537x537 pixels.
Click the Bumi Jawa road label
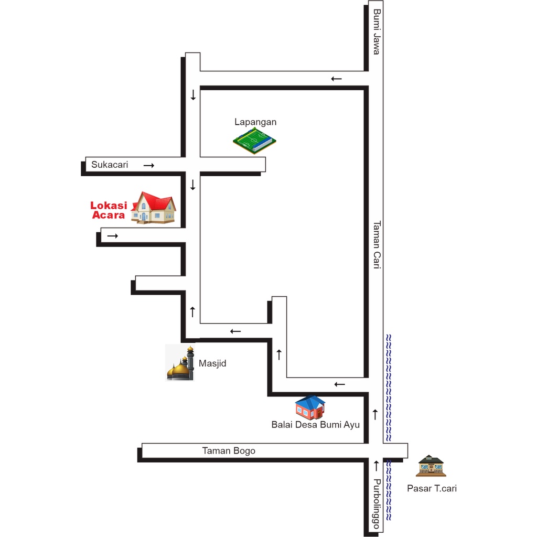click(377, 32)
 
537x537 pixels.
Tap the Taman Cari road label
click(377, 245)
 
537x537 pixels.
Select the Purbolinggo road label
click(377, 504)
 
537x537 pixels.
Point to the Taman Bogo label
click(229, 450)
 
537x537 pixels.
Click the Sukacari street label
click(110, 165)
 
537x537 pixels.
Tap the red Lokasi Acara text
click(109, 210)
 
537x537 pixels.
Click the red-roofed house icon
click(153, 208)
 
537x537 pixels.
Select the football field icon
click(254, 141)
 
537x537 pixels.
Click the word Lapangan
click(255, 122)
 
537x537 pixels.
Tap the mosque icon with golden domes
click(180, 363)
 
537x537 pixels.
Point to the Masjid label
click(212, 363)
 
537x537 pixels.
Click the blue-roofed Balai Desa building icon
click(310, 407)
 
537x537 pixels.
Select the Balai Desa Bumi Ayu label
click(315, 425)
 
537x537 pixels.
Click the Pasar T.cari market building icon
click(431, 466)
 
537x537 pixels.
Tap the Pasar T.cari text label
click(432, 488)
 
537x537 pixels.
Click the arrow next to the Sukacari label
click(148, 165)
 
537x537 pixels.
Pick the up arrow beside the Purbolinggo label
click(377, 466)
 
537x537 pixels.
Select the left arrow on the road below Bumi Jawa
click(336, 79)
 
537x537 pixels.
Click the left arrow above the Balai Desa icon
click(339, 384)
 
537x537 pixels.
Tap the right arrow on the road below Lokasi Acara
click(112, 236)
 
